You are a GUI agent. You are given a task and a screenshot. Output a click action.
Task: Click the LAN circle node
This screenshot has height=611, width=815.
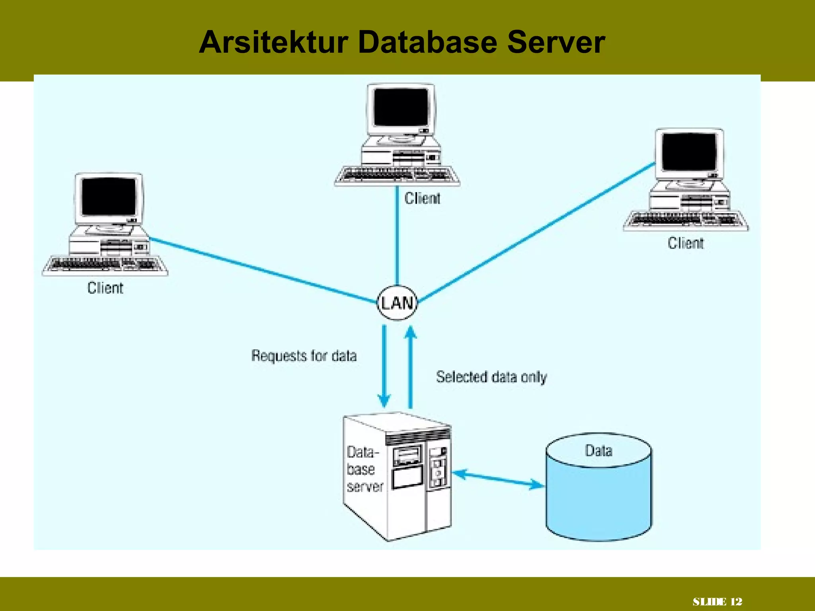[397, 303]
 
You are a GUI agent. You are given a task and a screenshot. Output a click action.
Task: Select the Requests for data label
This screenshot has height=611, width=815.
[304, 356]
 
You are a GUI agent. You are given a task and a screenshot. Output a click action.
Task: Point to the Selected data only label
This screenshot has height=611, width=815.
[491, 377]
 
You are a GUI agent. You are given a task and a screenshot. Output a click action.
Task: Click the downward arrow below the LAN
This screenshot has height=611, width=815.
[384, 366]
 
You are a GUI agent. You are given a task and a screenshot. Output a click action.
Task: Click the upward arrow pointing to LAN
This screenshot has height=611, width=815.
[411, 366]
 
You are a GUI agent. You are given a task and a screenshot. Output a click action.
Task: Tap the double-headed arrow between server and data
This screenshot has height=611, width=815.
[498, 479]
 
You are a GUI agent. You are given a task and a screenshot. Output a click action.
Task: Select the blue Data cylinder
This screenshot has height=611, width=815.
[599, 493]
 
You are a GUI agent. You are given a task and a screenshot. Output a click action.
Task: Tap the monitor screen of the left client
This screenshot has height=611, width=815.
[109, 197]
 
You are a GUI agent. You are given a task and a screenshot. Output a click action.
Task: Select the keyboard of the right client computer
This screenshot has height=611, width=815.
[685, 220]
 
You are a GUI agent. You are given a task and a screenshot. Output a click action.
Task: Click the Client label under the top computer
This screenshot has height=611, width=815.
[422, 198]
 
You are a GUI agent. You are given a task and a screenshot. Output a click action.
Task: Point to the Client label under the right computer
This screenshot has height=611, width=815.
[685, 243]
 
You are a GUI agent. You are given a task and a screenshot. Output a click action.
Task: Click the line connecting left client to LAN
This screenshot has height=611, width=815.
[263, 270]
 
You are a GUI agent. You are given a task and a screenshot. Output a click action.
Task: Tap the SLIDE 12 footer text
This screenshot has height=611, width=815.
[717, 601]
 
